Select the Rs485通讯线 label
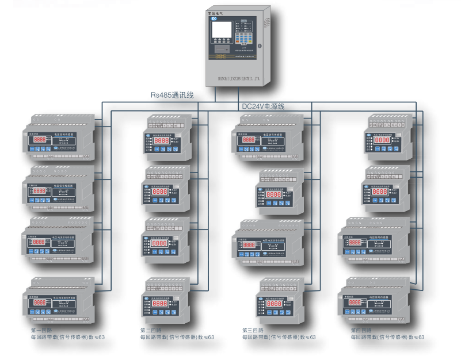[172, 95]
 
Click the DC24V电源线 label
[264, 106]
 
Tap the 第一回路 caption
[42, 330]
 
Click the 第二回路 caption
[151, 330]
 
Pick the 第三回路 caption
[253, 330]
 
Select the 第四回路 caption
[362, 330]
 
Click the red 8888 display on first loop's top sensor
[38, 141]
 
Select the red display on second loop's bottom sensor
[159, 302]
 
